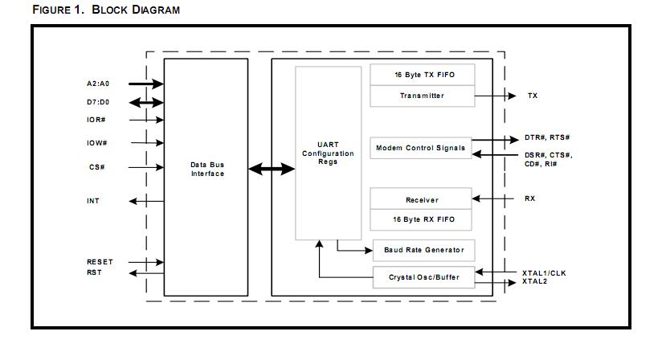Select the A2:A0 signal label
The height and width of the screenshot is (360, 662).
tap(99, 84)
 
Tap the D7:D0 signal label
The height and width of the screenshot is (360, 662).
tap(99, 102)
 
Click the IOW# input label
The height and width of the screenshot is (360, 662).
tap(97, 143)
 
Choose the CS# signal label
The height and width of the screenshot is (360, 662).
tap(96, 167)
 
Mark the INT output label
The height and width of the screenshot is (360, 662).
tap(94, 201)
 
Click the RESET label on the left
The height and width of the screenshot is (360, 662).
tap(100, 262)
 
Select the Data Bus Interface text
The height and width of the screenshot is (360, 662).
tap(207, 169)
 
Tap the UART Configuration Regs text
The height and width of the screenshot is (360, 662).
tap(328, 153)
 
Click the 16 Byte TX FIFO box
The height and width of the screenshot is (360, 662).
tap(423, 75)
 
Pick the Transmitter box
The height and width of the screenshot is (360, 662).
tap(423, 96)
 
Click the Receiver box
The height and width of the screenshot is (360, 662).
tap(423, 199)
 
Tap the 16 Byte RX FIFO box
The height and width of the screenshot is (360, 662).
tap(423, 219)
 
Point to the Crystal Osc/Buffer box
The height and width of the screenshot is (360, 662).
tap(423, 277)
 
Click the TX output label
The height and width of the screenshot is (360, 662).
tap(533, 96)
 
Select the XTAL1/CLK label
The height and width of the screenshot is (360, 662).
tap(544, 273)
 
